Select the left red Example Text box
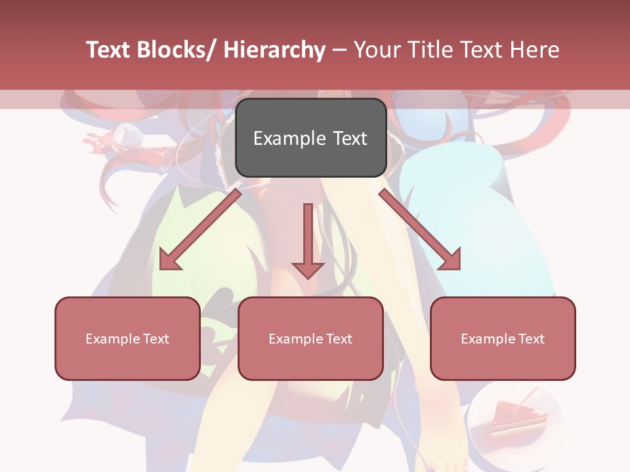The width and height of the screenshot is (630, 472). [127, 338]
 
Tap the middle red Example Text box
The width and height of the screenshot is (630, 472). [310, 338]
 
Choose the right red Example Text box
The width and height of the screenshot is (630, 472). [503, 338]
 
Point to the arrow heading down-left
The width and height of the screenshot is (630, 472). [200, 230]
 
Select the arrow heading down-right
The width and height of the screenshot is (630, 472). [420, 230]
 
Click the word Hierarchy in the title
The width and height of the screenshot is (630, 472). [274, 50]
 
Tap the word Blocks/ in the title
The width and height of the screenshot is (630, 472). [176, 50]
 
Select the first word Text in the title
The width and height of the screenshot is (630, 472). [108, 50]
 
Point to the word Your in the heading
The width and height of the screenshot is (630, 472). [377, 50]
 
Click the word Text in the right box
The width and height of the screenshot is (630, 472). [530, 338]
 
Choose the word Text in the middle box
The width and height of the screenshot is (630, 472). [338, 338]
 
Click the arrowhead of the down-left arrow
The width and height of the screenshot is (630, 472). [170, 260]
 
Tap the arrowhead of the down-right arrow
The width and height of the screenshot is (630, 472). [450, 260]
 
